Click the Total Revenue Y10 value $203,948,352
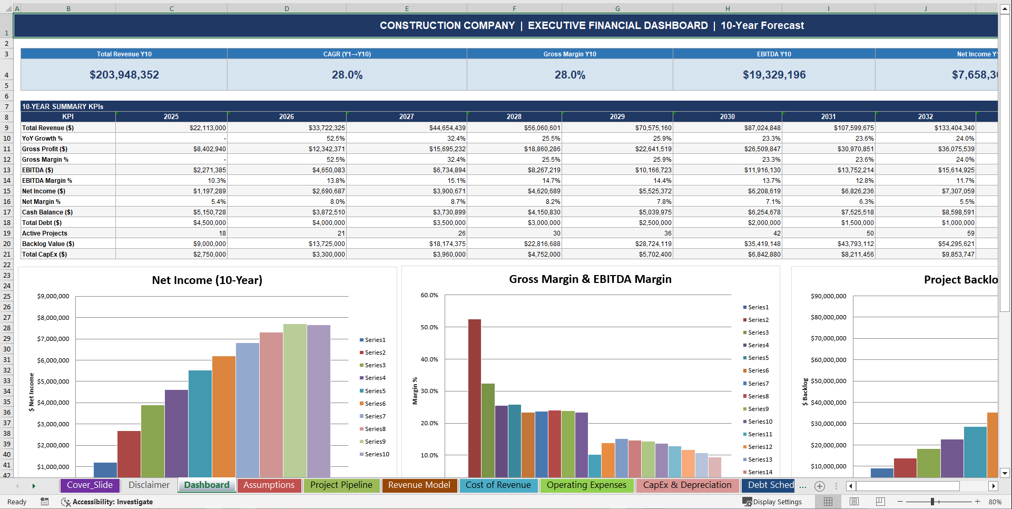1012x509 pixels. coord(124,75)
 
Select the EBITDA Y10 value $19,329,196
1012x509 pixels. coord(774,75)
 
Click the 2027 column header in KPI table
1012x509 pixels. coord(406,116)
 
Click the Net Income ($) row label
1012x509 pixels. coord(44,191)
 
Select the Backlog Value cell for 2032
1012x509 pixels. coord(954,244)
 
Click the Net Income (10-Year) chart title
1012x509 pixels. coord(207,280)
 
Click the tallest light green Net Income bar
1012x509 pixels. coord(294,400)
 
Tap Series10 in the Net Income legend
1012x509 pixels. coord(377,454)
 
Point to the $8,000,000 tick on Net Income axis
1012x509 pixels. coord(53,318)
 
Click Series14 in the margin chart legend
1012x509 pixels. coord(760,472)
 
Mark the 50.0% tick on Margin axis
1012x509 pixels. coord(429,327)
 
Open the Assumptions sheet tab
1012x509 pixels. coord(269,485)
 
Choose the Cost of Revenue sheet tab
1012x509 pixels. coord(498,485)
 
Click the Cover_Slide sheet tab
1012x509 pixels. coord(90,485)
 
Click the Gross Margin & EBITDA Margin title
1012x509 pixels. coord(590,279)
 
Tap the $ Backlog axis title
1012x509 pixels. coord(805,391)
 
